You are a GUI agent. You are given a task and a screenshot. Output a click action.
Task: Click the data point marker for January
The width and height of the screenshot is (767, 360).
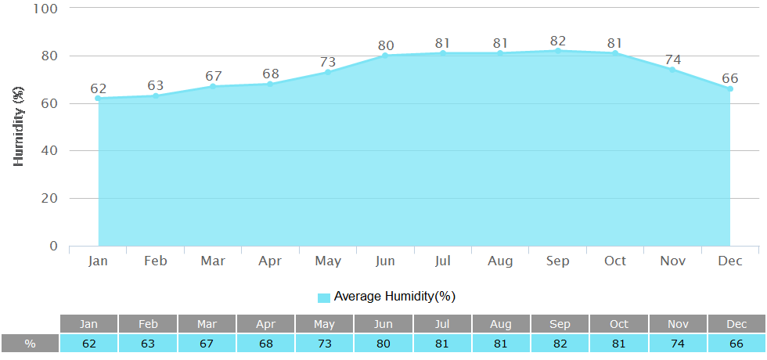point(98,99)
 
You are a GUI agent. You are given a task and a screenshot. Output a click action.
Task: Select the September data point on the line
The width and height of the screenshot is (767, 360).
point(558,51)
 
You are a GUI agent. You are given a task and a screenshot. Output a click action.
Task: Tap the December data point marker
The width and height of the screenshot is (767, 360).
point(730,89)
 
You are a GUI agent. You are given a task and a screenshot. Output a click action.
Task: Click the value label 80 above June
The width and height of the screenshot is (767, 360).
point(385,45)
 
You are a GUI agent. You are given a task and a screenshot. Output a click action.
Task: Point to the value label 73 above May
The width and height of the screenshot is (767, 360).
point(328,62)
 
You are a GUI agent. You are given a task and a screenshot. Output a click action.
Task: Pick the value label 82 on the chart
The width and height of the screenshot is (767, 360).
point(558,41)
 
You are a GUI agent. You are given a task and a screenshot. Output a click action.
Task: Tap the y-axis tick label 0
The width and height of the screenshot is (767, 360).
point(54,246)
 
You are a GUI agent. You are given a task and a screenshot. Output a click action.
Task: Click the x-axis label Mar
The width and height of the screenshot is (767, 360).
point(213,261)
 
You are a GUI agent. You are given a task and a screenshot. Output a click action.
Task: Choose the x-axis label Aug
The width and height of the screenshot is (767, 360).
point(500,261)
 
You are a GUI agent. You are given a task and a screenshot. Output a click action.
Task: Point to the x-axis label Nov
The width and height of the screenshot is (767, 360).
point(673,261)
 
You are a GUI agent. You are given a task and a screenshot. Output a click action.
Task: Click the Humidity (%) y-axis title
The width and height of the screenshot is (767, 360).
point(20,125)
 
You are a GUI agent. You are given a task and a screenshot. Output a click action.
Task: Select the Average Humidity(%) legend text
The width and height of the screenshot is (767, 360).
point(394,297)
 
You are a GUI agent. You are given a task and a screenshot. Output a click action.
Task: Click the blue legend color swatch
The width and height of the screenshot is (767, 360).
point(324,297)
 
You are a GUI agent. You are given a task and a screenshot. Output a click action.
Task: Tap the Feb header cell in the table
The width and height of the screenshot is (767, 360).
point(148,324)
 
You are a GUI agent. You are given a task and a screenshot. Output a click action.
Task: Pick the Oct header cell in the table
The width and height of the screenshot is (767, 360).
point(618,324)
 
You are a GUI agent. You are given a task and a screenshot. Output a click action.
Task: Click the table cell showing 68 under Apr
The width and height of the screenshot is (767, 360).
point(265,344)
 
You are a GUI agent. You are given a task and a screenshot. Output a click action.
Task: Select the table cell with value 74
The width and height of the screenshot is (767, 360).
point(677,344)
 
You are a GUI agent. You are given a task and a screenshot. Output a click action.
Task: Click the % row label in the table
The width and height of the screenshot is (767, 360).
point(30,344)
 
